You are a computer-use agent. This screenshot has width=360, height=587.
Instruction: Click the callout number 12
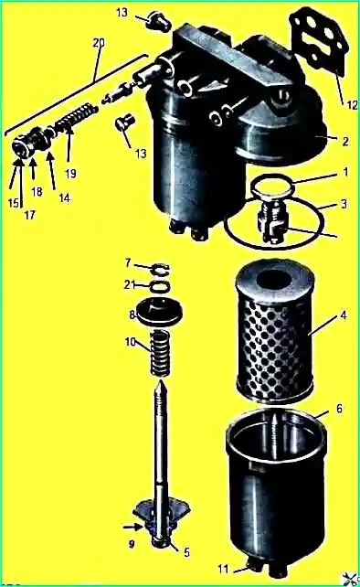coord(352,105)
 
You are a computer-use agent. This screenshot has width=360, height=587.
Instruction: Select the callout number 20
coord(99,43)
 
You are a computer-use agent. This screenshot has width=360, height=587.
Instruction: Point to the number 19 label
coord(70,174)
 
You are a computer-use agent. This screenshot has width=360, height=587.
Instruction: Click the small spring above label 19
coord(77,118)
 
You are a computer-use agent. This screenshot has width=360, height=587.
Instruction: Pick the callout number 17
coord(29,215)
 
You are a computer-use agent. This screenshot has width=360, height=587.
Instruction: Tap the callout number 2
coord(345,141)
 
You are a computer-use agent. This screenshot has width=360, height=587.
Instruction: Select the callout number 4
coord(344,315)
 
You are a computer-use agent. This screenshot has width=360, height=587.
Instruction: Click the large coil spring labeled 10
coord(160,354)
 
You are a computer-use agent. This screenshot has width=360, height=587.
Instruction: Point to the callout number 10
coord(131,342)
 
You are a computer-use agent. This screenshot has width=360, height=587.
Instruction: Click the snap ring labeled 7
coord(161,269)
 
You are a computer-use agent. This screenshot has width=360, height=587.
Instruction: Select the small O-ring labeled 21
coord(160,287)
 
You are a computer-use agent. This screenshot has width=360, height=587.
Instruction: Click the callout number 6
coord(339,408)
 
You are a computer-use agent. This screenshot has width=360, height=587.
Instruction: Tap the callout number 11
coord(223,569)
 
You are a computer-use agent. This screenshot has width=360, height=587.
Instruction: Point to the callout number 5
coord(186,552)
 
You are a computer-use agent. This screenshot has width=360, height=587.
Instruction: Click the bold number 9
coord(132,544)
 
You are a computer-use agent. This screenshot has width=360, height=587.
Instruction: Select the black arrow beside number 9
coord(132,527)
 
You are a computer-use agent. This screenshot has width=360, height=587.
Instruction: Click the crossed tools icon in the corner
coord(350,579)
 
